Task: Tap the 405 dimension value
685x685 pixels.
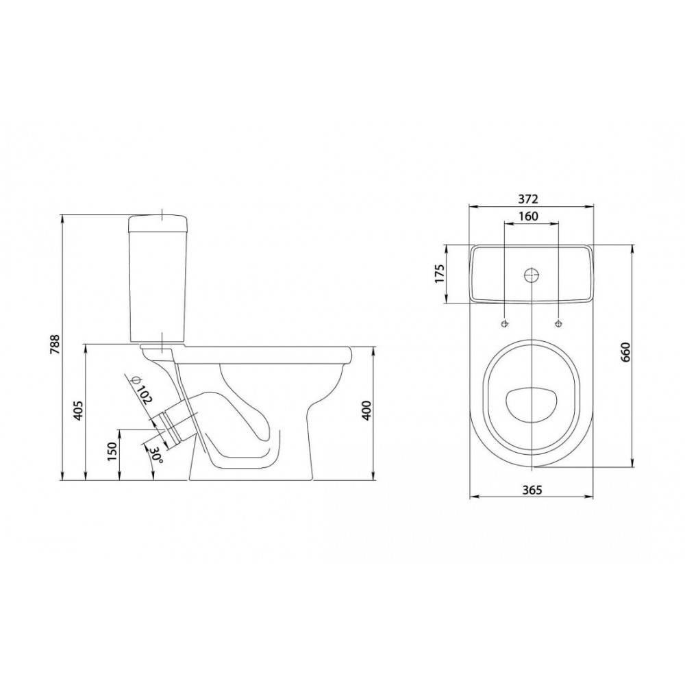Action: [79, 410]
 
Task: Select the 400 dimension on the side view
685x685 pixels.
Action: [367, 410]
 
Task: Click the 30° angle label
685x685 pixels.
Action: [156, 455]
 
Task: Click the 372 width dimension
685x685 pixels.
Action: [528, 199]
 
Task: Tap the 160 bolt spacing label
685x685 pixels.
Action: [528, 216]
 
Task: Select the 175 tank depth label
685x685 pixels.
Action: [440, 273]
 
